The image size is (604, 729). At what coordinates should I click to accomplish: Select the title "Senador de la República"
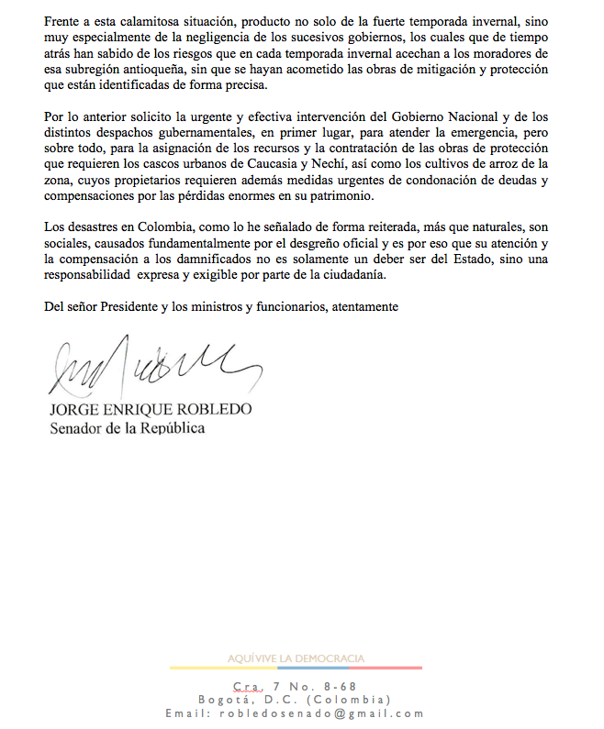pyautogui.click(x=127, y=427)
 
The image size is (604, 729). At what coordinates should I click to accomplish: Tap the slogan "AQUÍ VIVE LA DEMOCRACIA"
pyautogui.click(x=296, y=657)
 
